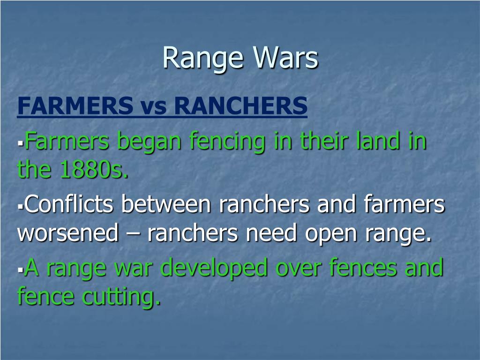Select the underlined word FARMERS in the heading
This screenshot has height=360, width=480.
click(75, 106)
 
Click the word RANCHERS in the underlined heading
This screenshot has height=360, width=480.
click(241, 106)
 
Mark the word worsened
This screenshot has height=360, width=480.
click(67, 233)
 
